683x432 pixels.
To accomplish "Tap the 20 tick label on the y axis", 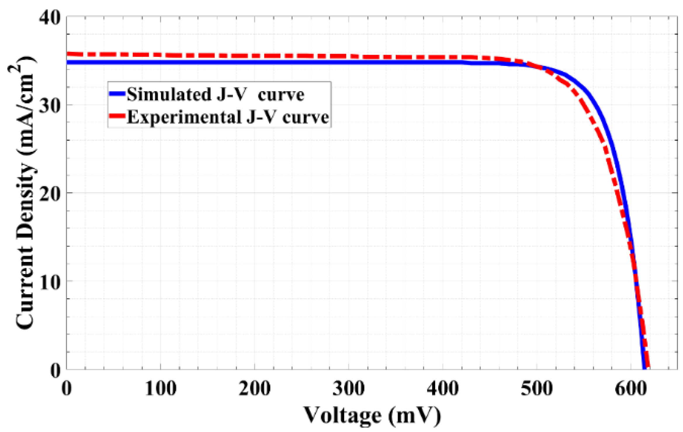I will click(x=50, y=193).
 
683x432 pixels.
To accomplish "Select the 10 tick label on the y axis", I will click(x=50, y=281).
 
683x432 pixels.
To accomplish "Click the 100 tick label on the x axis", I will click(x=161, y=389).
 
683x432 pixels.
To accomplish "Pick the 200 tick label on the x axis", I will click(x=254, y=389).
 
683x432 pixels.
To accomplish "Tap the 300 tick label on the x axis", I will click(x=349, y=389).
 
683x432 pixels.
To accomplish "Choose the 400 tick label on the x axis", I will click(x=443, y=389).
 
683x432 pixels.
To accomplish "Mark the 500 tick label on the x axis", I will click(x=537, y=389).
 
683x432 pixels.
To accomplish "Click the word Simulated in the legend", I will click(x=169, y=95).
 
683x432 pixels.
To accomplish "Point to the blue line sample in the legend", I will click(x=117, y=94).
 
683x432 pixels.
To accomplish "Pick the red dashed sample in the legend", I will click(x=117, y=116).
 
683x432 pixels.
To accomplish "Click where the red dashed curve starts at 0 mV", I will click(x=68, y=54).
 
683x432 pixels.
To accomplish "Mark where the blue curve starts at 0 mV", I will click(x=68, y=62).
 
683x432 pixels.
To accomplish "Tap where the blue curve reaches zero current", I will click(x=644, y=369).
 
